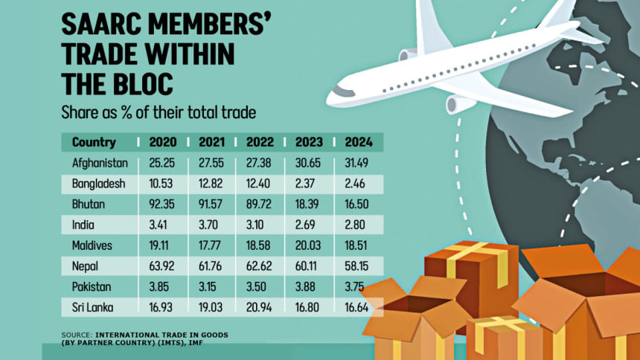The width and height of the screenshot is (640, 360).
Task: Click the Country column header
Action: [x=94, y=142]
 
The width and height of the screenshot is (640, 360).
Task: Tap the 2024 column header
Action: [x=359, y=142]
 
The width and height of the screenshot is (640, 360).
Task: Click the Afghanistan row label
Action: [x=100, y=163]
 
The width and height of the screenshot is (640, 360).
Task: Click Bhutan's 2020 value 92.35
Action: [x=162, y=203]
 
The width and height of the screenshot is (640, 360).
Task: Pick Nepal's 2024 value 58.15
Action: [x=359, y=263]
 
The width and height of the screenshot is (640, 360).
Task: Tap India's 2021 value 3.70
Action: [x=212, y=223]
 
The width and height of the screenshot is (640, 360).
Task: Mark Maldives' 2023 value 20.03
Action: [x=310, y=243]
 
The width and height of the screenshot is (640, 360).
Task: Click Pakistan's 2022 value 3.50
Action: [x=261, y=283]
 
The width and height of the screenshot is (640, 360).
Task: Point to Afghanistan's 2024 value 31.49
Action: [x=359, y=163]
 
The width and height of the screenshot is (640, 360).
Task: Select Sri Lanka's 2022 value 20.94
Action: [x=261, y=303]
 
